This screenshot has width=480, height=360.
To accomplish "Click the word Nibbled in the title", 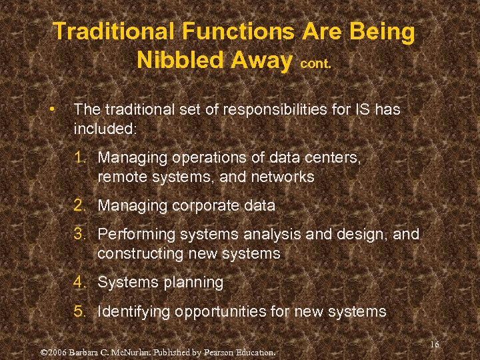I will pyautogui.click(x=179, y=60).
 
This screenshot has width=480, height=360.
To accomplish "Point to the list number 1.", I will pyautogui.click(x=81, y=157).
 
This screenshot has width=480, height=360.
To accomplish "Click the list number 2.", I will pyautogui.click(x=81, y=205).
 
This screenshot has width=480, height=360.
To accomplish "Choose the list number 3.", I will pyautogui.click(x=81, y=234).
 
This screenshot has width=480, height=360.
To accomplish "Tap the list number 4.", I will pyautogui.click(x=81, y=282).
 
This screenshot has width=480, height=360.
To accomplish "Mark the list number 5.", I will pyautogui.click(x=81, y=311).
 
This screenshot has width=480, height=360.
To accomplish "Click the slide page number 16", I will pyautogui.click(x=434, y=344).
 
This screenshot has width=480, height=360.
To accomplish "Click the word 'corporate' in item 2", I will pyautogui.click(x=206, y=205).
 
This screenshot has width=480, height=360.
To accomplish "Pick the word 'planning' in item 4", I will pyautogui.click(x=193, y=282).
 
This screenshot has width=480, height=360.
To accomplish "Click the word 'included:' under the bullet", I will pyautogui.click(x=105, y=128).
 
